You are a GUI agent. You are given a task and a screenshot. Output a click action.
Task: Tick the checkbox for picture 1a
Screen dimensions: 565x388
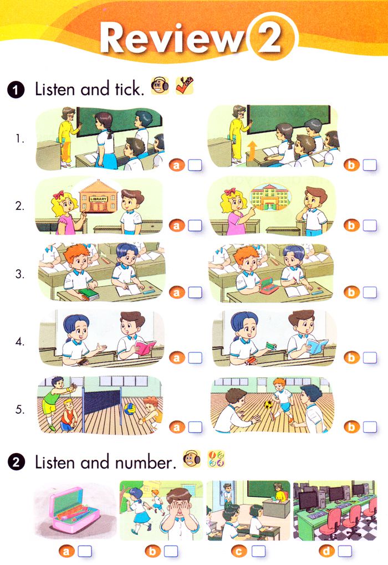tap(195, 165)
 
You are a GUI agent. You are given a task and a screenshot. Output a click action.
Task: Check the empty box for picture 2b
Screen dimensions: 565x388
tap(370, 225)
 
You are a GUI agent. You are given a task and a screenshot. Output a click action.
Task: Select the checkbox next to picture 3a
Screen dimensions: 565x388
tap(195, 292)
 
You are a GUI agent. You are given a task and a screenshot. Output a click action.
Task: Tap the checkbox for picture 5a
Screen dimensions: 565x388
tap(195, 427)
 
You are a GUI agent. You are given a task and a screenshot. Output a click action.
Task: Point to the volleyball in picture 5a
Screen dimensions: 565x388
tap(130, 410)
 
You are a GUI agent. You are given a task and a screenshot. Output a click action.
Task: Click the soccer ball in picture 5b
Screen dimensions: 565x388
tap(268, 403)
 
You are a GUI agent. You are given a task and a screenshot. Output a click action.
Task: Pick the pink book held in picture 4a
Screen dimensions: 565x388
tap(145, 348)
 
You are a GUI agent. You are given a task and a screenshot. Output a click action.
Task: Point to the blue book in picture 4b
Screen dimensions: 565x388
tap(317, 347)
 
